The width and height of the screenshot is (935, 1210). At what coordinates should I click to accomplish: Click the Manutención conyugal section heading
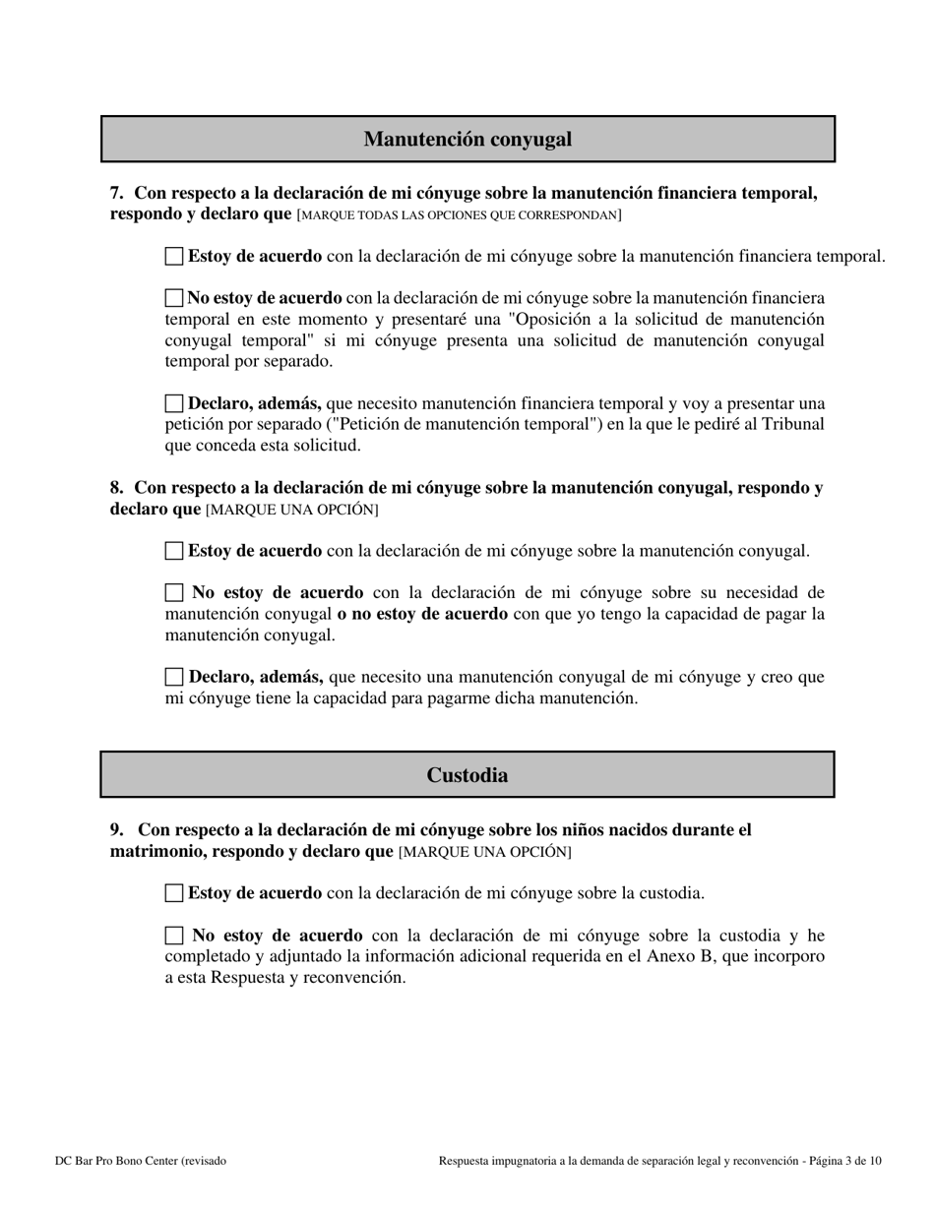point(467,139)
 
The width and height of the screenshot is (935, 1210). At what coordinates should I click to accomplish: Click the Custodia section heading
point(467,775)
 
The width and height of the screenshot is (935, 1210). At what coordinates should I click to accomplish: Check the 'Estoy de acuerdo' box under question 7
point(174,257)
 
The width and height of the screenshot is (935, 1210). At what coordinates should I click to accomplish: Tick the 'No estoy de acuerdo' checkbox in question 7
point(174,297)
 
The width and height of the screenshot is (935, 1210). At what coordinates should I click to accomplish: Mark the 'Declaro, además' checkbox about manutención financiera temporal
point(174,403)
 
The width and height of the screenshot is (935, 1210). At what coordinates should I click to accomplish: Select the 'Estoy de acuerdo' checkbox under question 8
point(174,551)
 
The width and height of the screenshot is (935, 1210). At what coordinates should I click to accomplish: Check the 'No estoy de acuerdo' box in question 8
point(174,592)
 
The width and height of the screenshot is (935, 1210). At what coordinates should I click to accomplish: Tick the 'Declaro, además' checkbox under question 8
point(174,677)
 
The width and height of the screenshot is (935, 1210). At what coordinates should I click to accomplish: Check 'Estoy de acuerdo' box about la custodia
point(174,893)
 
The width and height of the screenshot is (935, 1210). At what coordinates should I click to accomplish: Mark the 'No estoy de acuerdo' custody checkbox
point(174,936)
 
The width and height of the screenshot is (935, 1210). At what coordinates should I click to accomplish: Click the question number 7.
point(116,193)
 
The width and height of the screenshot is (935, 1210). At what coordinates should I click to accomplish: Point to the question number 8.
point(116,488)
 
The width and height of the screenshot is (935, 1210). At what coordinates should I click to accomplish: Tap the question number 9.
point(116,830)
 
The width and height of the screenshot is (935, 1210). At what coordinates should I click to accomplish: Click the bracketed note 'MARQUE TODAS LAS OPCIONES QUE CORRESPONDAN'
point(459,214)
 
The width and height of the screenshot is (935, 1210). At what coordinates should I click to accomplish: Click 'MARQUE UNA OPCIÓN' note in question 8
point(291,510)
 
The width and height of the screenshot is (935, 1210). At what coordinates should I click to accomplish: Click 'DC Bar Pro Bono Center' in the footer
point(116,1161)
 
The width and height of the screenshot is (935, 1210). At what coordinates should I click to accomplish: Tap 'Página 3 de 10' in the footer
point(844,1161)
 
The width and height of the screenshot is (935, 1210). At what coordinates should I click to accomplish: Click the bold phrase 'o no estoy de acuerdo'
point(422,614)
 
